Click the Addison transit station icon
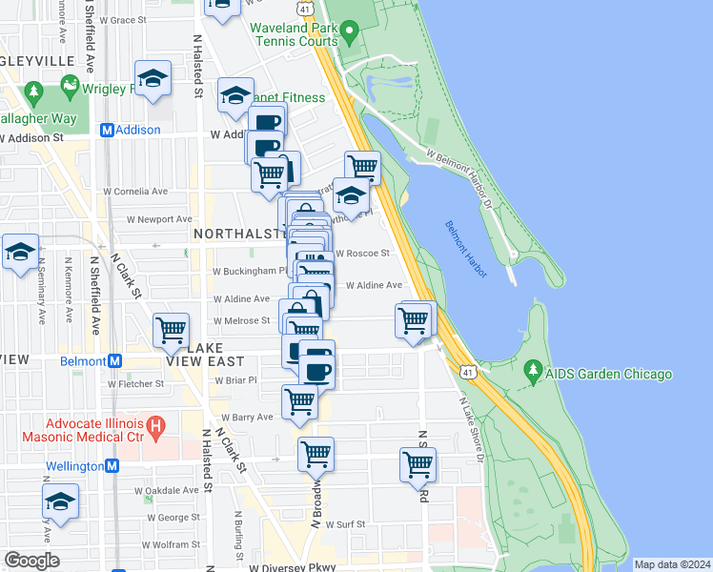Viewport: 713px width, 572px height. [108, 130]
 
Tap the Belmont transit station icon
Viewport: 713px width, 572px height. [115, 361]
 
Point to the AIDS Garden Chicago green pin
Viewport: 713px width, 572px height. [534, 374]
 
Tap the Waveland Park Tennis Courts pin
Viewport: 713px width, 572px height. [349, 34]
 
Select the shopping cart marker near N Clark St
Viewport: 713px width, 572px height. [171, 330]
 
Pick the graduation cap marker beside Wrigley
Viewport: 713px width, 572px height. [153, 80]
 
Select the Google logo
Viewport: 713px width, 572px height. [31, 561]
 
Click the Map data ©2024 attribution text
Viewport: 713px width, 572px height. [672, 564]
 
